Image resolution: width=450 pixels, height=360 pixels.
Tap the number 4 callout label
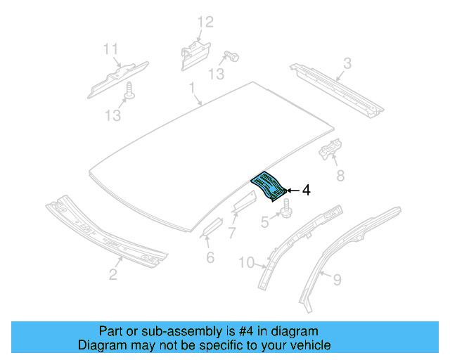pyautogui.click(x=306, y=190)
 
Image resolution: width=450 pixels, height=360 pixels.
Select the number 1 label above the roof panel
pyautogui.click(x=191, y=88)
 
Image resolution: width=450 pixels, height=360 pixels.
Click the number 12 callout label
pyautogui.click(x=204, y=22)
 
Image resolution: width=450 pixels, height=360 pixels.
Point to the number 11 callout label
pyautogui.click(x=110, y=49)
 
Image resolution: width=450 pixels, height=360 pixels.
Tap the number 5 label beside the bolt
pyautogui.click(x=264, y=222)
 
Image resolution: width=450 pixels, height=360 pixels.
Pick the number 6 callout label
pyautogui.click(x=210, y=257)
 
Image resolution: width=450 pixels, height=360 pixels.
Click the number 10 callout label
pyautogui.click(x=246, y=263)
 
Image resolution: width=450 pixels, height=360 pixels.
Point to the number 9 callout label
pyautogui.click(x=337, y=281)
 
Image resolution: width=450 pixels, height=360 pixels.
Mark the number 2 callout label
pyautogui.click(x=113, y=274)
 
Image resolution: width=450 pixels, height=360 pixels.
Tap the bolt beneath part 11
pyautogui.click(x=129, y=90)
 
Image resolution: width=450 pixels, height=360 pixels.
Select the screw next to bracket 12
pyautogui.click(x=230, y=56)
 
